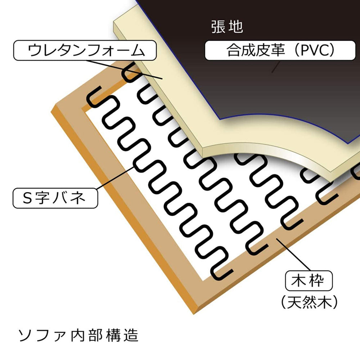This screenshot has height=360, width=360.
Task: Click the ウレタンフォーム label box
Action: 85,50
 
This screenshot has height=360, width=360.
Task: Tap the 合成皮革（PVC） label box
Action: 280,50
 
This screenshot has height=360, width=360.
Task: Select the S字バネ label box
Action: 55,198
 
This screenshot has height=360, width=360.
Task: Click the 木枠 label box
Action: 309,280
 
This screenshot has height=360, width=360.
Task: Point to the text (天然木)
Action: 309,302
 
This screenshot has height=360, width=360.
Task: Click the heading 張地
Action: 227,27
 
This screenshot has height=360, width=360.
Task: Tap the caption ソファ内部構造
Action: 78,335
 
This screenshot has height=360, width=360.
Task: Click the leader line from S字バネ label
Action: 115,178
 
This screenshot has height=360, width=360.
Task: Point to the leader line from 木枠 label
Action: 293,255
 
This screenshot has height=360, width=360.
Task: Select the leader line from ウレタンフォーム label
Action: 125,69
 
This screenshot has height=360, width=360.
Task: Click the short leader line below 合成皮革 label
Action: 276,67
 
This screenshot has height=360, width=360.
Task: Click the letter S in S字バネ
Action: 27,198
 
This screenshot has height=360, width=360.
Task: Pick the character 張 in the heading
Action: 218,27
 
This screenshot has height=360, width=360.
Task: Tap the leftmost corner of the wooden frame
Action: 51,112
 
